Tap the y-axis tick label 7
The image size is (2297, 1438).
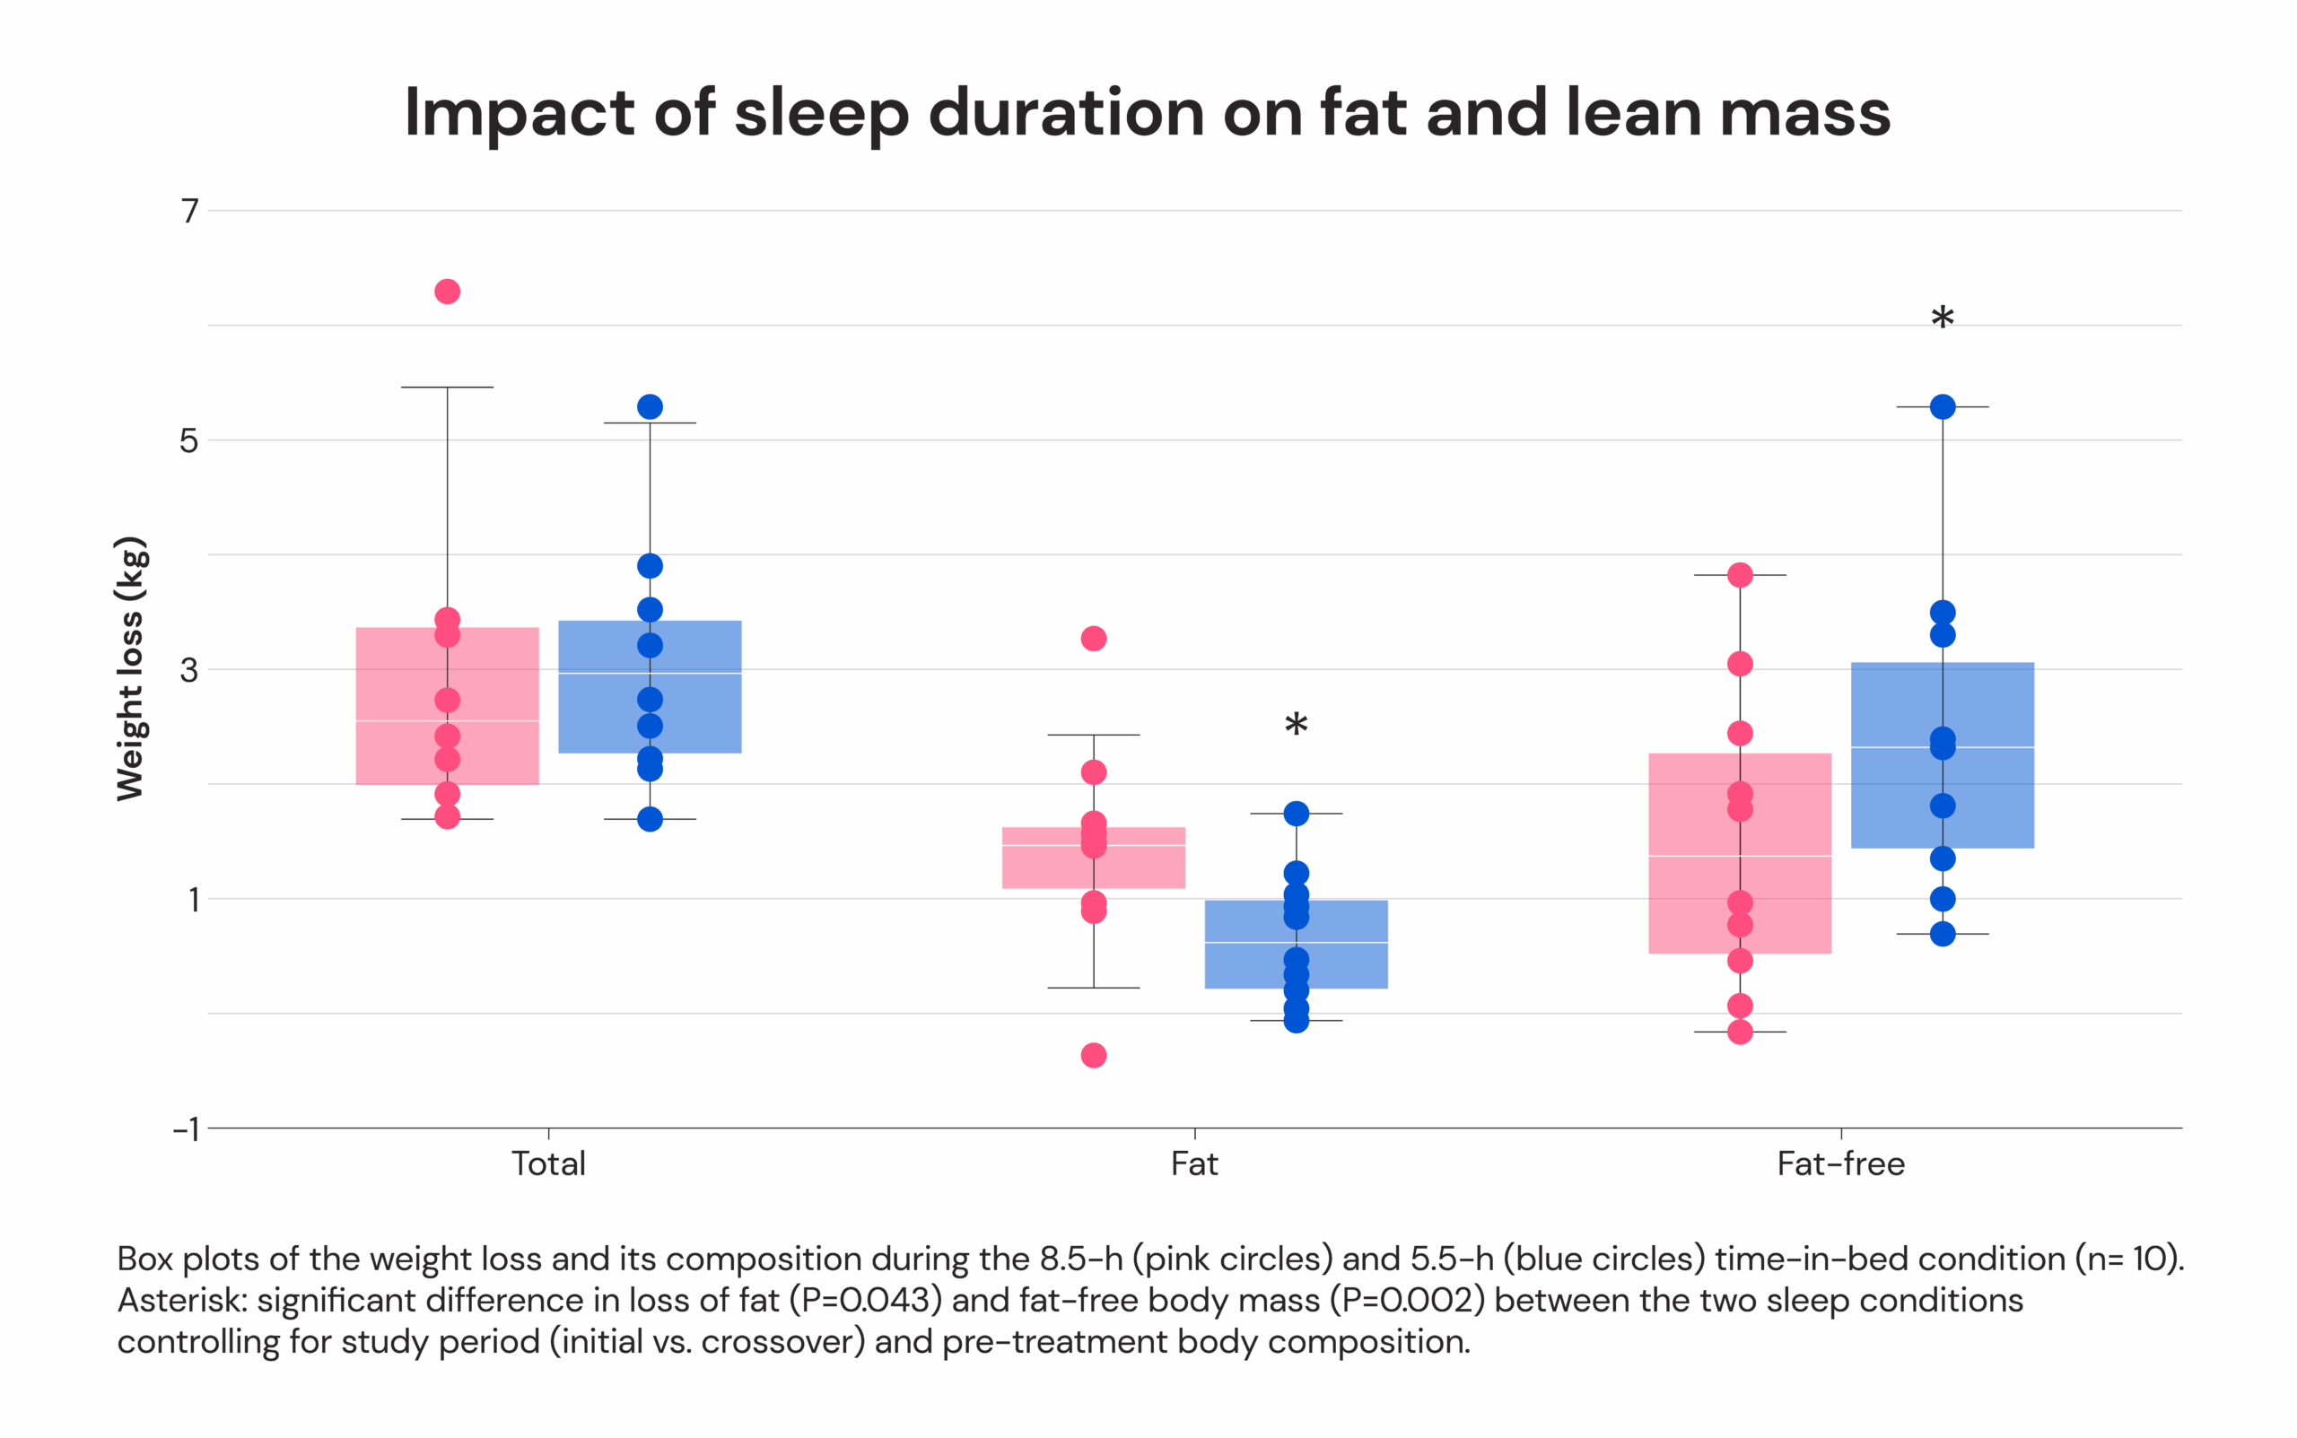[190, 210]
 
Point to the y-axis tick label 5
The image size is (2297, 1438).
[189, 440]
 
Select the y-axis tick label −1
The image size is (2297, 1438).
[186, 1129]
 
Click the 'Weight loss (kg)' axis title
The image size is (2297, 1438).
[130, 668]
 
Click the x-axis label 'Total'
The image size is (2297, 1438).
[548, 1163]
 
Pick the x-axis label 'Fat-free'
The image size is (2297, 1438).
[1840, 1163]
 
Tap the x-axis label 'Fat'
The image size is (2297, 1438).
[1193, 1163]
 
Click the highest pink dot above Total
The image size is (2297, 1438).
[447, 291]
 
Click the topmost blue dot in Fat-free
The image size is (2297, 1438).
[1943, 407]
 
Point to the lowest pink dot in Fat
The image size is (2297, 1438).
[1094, 1055]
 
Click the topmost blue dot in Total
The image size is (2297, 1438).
[650, 407]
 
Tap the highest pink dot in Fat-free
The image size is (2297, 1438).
[1740, 574]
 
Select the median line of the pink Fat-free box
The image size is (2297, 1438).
[1740, 856]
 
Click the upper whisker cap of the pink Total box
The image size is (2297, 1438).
[447, 387]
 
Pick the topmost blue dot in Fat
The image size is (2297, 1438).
[1296, 813]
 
